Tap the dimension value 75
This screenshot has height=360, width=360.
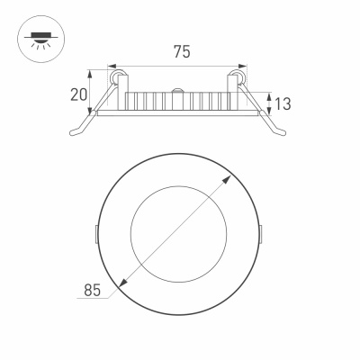pos(181,52)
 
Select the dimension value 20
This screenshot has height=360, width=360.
pos(79,94)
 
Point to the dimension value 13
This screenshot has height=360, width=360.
pos(283,103)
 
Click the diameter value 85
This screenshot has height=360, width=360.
pos(90,290)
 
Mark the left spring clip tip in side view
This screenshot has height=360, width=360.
pos(74,130)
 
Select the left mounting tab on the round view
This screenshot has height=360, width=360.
pos(97,233)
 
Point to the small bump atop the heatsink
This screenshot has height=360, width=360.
pos(178,90)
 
